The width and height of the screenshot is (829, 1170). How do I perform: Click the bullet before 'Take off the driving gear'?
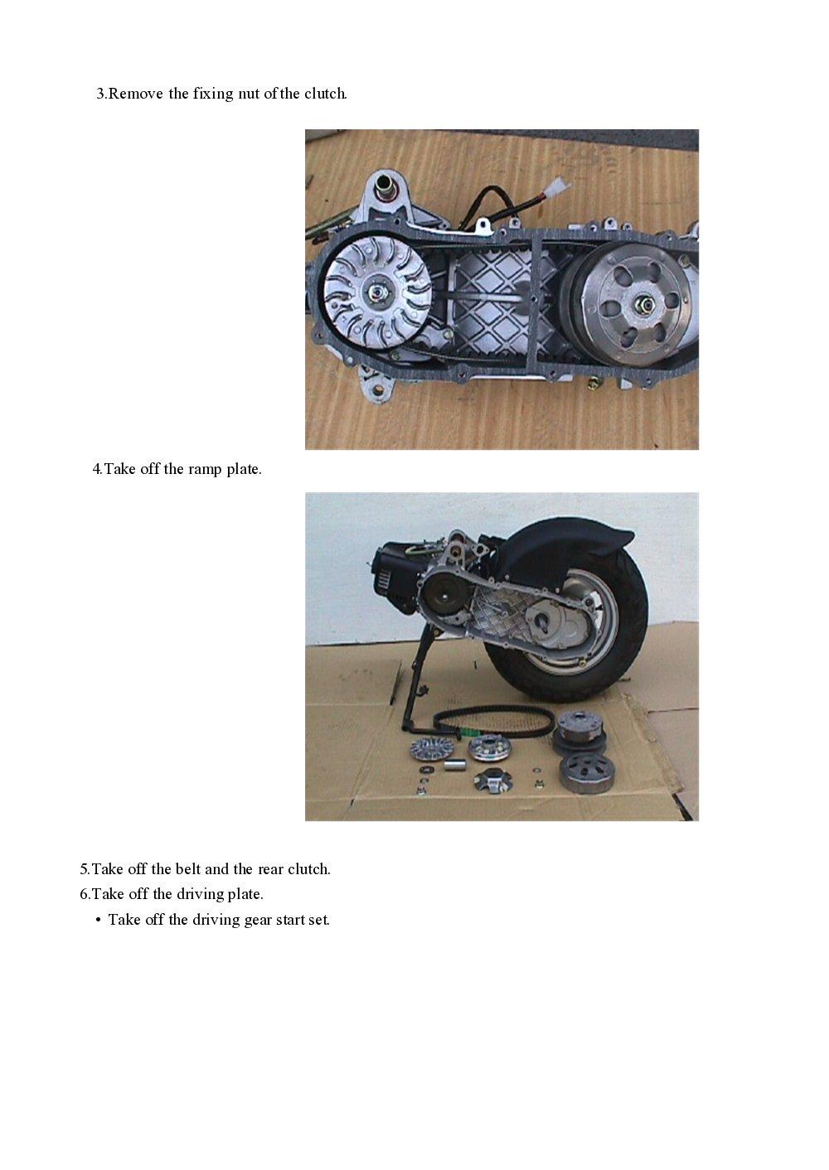[98, 920]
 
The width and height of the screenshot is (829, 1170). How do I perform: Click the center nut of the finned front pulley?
[376, 292]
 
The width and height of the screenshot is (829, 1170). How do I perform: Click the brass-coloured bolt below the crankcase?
[593, 382]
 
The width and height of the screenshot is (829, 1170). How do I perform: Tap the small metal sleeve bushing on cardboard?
[453, 762]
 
